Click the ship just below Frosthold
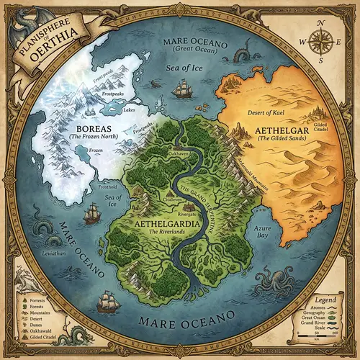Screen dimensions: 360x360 click(x=91, y=213)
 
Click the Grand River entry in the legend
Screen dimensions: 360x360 click(x=320, y=323)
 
